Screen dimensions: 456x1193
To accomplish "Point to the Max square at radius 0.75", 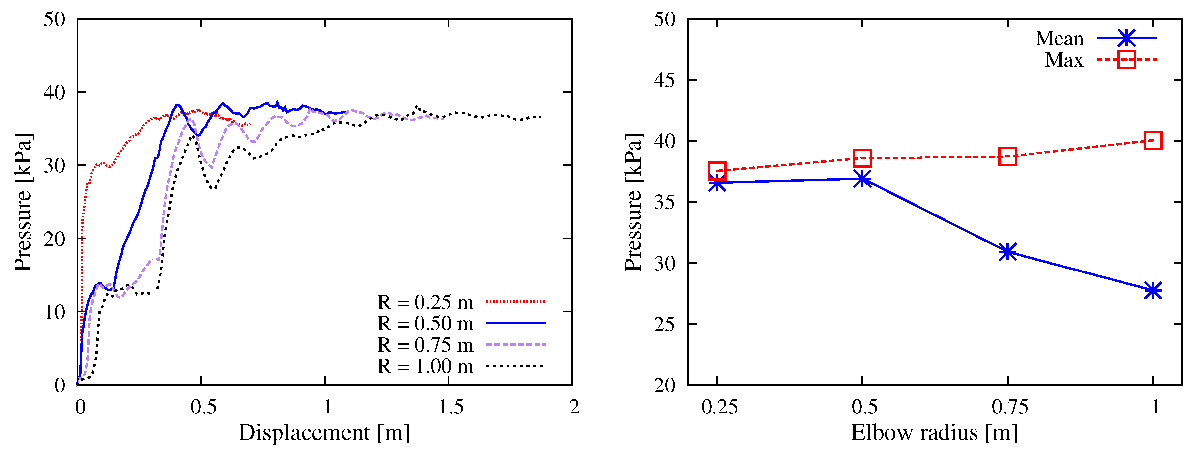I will [1007, 157].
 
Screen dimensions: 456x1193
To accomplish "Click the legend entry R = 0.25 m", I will [425, 302].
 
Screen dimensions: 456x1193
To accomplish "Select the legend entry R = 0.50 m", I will [425, 324].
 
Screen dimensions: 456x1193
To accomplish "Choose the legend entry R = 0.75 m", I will [425, 345].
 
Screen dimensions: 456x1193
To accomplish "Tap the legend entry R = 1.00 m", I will [425, 366].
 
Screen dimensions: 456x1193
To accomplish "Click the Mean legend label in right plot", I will [1059, 39].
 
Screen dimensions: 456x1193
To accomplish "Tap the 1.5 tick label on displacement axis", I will [451, 407].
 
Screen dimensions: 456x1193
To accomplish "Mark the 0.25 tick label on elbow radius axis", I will [719, 407].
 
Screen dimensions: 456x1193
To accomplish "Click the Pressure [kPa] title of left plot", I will [23, 202].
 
